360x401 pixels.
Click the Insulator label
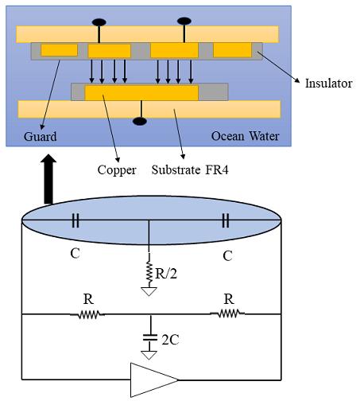(x=328, y=84)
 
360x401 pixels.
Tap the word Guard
(x=40, y=137)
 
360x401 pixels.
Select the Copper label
(x=117, y=170)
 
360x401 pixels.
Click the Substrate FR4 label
(x=190, y=169)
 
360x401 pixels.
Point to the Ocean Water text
(x=245, y=136)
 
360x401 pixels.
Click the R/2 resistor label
(x=166, y=274)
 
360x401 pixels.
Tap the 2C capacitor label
(x=170, y=340)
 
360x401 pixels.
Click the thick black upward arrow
(x=48, y=179)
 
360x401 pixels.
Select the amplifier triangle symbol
(x=154, y=380)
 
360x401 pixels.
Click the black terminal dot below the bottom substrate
(x=140, y=122)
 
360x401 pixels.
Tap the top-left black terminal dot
(x=99, y=22)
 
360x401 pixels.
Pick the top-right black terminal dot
(x=184, y=21)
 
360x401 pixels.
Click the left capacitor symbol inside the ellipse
(x=75, y=220)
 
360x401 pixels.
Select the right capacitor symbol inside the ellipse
(x=226, y=220)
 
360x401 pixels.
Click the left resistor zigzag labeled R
(x=87, y=315)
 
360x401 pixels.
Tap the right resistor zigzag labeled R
(x=227, y=313)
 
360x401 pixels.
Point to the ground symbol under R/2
(x=149, y=291)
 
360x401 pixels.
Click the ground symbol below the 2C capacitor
(x=149, y=355)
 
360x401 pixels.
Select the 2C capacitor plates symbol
(x=150, y=338)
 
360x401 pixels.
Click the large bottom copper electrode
(x=141, y=93)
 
